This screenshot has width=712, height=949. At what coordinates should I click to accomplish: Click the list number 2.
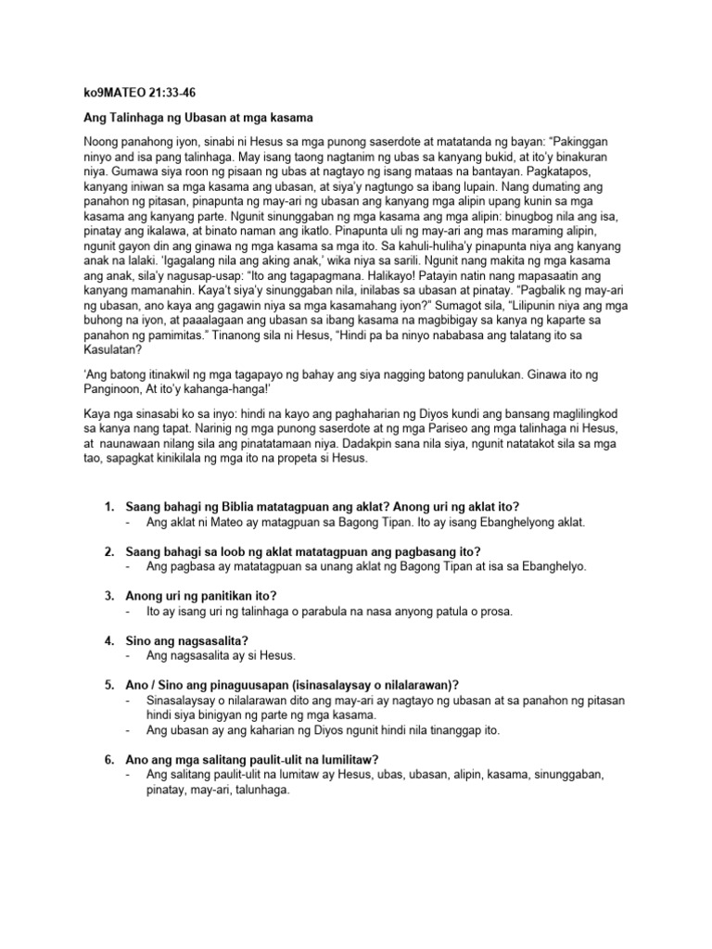click(108, 551)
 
